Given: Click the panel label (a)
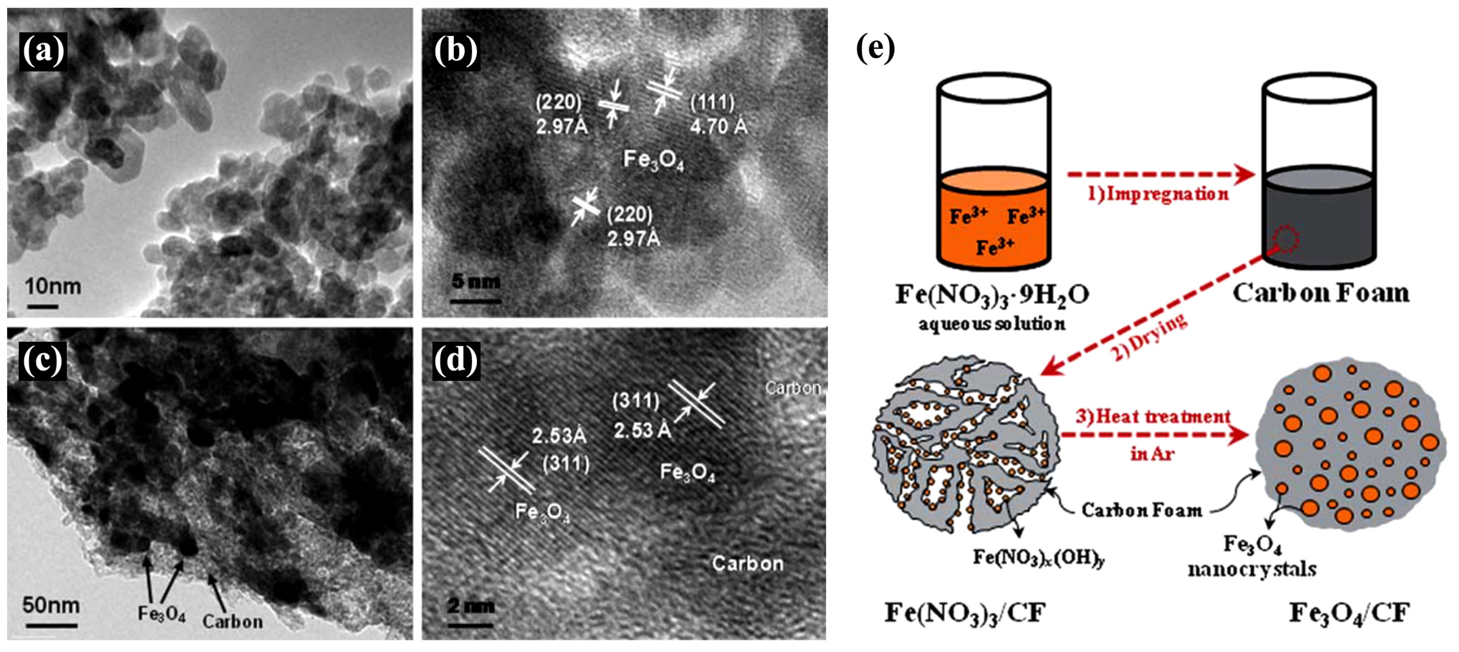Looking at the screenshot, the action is (x=43, y=52).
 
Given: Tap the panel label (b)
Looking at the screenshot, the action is (x=456, y=52).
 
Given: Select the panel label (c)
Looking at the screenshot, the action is (x=43, y=360).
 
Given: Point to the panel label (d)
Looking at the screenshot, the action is (x=456, y=360).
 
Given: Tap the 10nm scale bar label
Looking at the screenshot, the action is (x=53, y=286).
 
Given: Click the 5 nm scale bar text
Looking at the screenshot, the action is (x=476, y=281).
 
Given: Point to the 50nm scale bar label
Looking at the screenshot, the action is (x=51, y=605).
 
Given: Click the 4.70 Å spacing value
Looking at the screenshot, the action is (x=718, y=126).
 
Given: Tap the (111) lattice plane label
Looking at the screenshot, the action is (x=712, y=102).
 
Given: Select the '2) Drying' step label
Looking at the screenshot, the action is (x=1150, y=337).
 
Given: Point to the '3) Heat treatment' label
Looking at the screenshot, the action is (x=1153, y=417).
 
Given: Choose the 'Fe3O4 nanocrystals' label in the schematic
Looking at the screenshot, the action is (x=1252, y=556).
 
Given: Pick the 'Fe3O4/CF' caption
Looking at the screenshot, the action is (x=1349, y=613).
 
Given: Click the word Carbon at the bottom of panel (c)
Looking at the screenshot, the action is (x=232, y=621).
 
